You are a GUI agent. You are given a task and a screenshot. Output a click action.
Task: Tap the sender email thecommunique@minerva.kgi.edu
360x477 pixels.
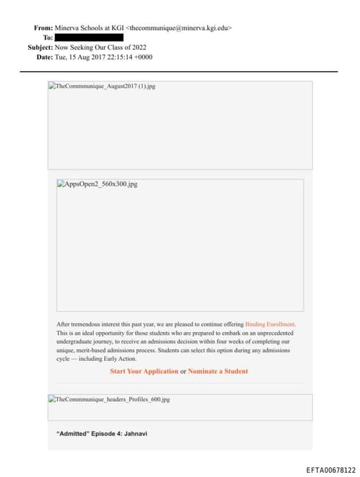click(x=179, y=28)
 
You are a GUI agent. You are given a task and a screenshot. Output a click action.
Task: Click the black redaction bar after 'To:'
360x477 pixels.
click(x=89, y=37)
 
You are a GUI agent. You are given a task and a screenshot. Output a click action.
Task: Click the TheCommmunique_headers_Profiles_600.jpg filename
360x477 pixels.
click(x=112, y=400)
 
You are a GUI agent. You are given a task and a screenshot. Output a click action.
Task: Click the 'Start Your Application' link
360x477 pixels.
click(x=144, y=371)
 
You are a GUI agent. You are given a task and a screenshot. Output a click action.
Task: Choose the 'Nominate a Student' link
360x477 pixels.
click(x=218, y=371)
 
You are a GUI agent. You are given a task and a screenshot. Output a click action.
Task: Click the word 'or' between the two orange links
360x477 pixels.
click(x=183, y=371)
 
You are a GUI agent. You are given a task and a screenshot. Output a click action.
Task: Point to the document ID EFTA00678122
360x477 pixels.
click(x=330, y=470)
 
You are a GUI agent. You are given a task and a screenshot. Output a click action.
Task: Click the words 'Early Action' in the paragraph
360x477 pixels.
click(x=121, y=359)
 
